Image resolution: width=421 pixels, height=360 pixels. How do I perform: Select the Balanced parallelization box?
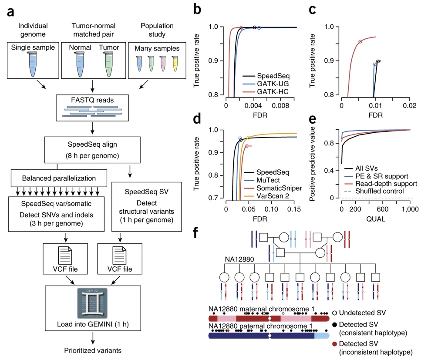click(x=57, y=178)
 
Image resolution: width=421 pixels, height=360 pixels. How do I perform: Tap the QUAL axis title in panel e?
click(x=375, y=219)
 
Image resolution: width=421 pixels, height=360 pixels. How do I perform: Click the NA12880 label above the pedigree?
click(x=240, y=259)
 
